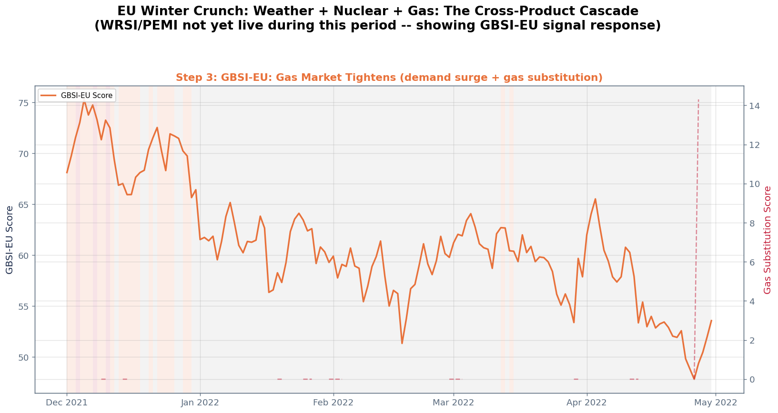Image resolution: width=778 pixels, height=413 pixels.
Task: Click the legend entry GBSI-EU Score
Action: [86, 96]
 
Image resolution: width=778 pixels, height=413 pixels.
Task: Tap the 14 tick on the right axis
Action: [754, 106]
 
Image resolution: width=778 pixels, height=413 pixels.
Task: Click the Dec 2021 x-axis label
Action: [67, 403]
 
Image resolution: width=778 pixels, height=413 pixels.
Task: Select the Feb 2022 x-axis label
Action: [333, 403]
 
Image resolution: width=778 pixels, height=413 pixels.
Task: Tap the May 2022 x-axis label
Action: [716, 403]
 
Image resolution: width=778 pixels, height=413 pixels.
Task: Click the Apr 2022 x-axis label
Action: [587, 403]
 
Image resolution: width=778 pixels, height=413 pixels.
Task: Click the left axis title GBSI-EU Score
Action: [10, 240]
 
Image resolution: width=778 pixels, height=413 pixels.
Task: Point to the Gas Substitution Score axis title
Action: [768, 240]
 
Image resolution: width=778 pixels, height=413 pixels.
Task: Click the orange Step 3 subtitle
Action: [389, 78]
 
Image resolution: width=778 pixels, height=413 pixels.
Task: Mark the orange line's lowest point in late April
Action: [694, 379]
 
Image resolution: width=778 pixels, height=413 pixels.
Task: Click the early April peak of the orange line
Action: [596, 199]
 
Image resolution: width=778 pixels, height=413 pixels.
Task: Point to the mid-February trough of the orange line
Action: [402, 344]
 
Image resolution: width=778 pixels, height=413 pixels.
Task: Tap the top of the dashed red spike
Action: [698, 100]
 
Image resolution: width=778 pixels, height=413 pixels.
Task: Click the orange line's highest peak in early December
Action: [84, 101]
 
